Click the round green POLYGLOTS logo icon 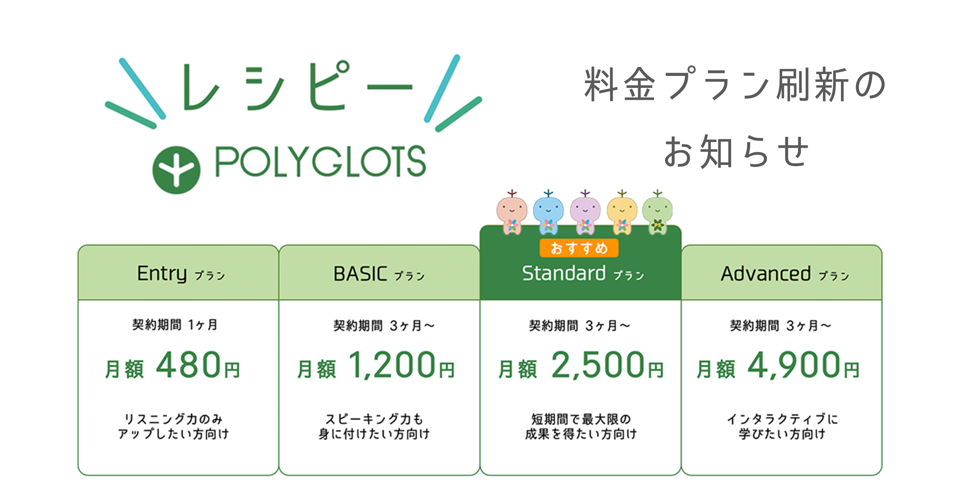click(x=176, y=170)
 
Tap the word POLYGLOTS click(x=321, y=161)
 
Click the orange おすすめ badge click(x=579, y=248)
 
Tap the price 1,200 click(x=392, y=365)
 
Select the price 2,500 click(x=598, y=365)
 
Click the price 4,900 click(x=794, y=365)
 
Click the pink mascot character click(x=512, y=213)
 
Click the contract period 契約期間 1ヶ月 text click(x=175, y=325)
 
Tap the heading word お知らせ click(x=736, y=151)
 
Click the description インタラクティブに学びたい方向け click(x=782, y=427)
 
